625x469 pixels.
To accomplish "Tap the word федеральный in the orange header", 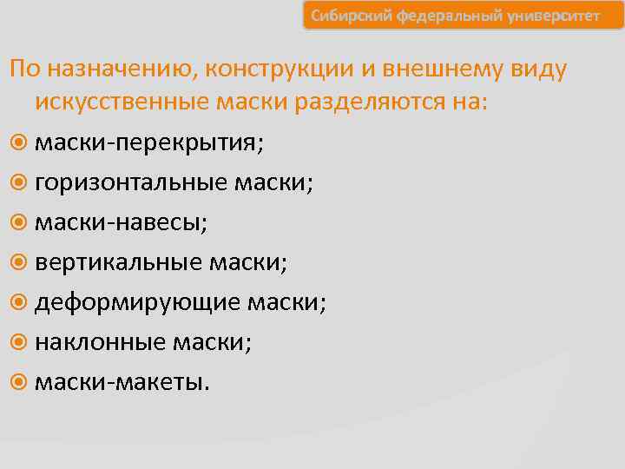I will (438, 17).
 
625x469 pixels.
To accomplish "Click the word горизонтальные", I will (131, 183).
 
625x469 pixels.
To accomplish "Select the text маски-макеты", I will (121, 383).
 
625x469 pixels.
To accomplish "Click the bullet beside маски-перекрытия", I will (19, 143).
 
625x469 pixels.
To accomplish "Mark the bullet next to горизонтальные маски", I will (19, 183).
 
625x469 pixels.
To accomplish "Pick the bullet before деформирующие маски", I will (19, 303).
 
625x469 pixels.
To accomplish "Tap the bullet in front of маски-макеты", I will (19, 383).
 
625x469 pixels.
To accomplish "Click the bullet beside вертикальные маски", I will (19, 263).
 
